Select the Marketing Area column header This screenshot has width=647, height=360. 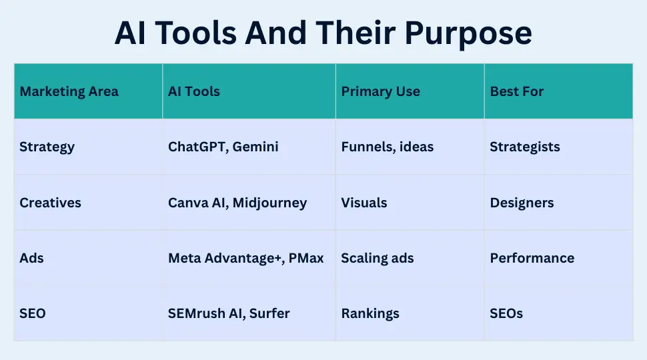click(69, 91)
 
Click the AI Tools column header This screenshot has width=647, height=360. click(193, 91)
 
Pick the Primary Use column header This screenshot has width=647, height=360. click(380, 91)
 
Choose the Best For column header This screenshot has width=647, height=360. click(516, 91)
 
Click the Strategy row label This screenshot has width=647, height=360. click(47, 147)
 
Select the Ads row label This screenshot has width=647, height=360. click(31, 258)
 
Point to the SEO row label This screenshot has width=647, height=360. click(33, 313)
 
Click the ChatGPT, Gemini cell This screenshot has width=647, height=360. click(223, 147)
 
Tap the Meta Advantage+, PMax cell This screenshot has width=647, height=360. click(245, 258)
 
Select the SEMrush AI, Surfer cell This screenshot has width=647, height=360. click(229, 313)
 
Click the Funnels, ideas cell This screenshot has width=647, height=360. click(387, 147)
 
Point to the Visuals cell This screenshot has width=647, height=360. click(364, 203)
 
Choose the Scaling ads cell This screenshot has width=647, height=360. click(377, 258)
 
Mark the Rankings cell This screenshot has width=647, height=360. click(370, 313)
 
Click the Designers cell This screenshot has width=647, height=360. click(522, 203)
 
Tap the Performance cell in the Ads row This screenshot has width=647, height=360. click(532, 258)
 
